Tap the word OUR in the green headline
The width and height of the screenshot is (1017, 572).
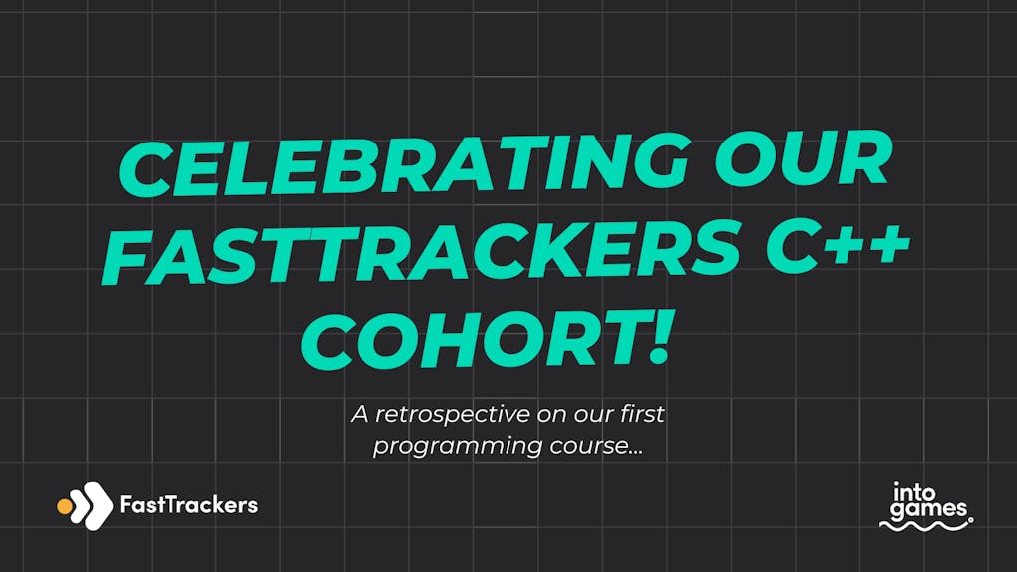coord(803,160)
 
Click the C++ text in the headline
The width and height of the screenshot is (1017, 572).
coord(838,245)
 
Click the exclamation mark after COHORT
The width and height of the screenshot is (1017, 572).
coord(660,335)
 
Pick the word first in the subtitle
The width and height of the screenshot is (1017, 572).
coord(642,414)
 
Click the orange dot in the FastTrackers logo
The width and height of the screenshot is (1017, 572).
coord(65,506)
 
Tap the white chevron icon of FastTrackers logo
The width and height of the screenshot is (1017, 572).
coord(91,506)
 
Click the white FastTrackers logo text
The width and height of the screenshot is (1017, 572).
coord(188,504)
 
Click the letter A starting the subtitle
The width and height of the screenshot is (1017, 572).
coord(360,414)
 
